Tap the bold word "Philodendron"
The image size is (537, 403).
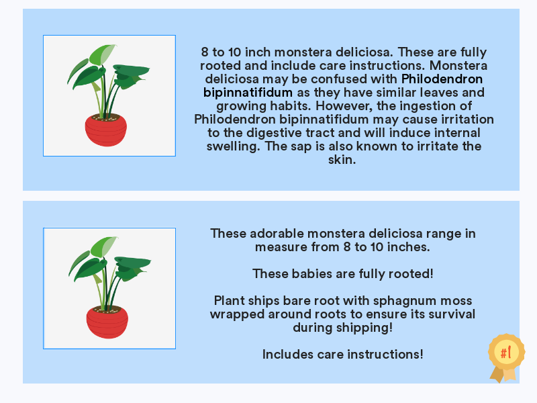[442, 79]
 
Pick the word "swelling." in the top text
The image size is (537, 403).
[233, 146]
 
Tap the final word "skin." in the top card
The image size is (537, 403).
[342, 160]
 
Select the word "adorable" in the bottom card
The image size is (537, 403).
[277, 233]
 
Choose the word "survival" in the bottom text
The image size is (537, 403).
[451, 314]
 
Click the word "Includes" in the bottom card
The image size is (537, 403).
[288, 355]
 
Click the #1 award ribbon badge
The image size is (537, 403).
[506, 357]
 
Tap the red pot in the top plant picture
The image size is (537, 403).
[106, 130]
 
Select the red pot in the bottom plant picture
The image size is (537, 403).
[107, 323]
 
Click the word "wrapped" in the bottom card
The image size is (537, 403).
[237, 314]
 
